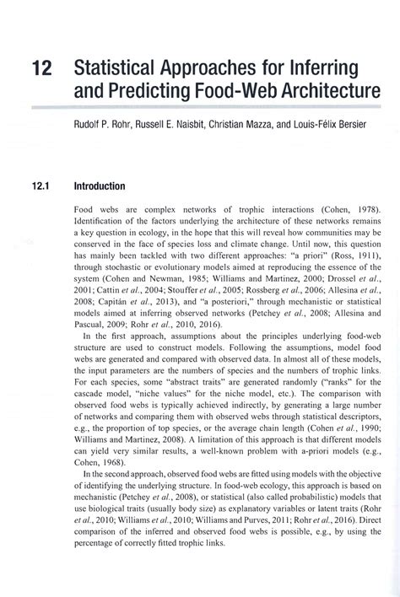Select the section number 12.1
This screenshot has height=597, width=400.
(x=42, y=186)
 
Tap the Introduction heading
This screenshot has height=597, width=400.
(x=100, y=186)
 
